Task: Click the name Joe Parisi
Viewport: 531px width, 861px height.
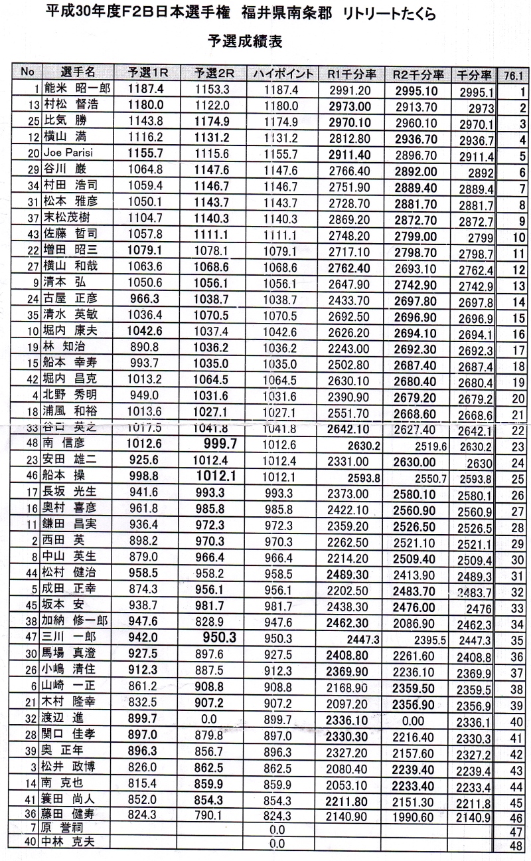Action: click(67, 153)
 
